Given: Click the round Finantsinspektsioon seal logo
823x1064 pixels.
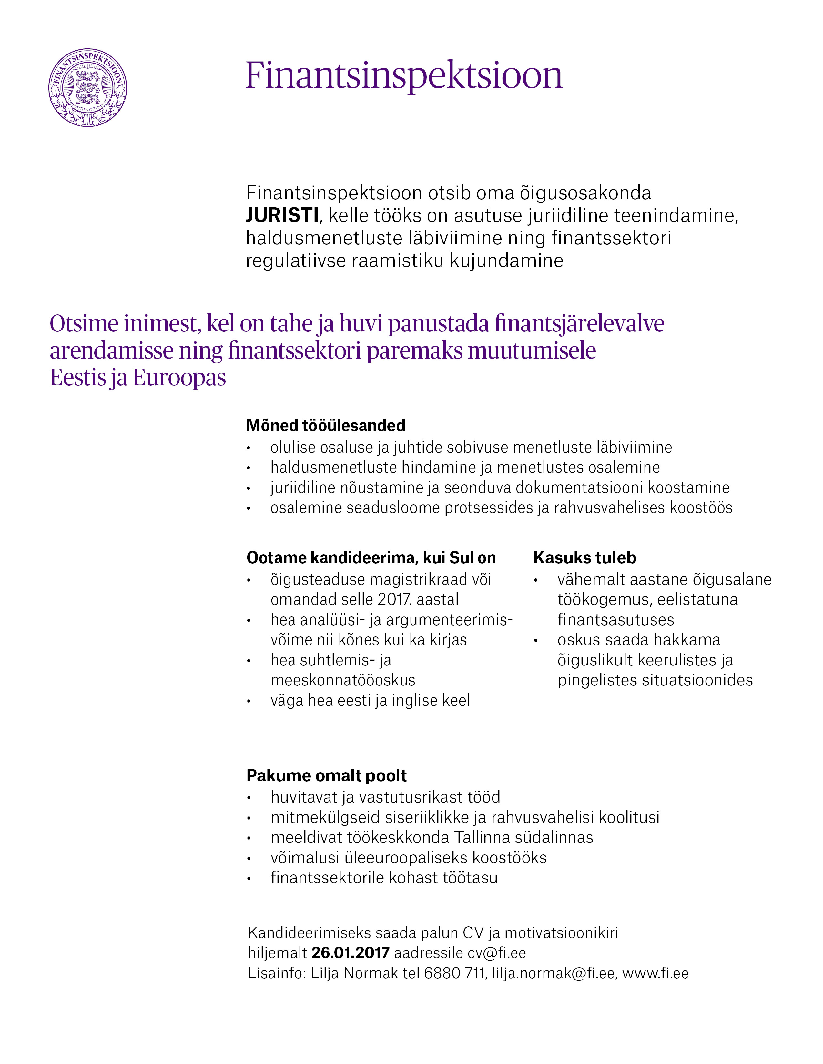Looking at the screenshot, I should [88, 88].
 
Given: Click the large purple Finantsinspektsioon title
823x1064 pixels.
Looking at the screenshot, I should [404, 75].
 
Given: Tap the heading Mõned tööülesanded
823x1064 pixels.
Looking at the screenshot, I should [326, 425].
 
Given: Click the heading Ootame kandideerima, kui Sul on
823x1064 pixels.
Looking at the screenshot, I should [371, 557].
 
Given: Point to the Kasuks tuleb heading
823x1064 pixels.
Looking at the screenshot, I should [584, 557].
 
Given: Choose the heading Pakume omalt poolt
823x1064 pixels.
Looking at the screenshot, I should [326, 775].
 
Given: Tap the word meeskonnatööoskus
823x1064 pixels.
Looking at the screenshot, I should [343, 680].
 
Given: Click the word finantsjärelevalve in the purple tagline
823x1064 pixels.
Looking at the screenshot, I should [579, 324].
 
